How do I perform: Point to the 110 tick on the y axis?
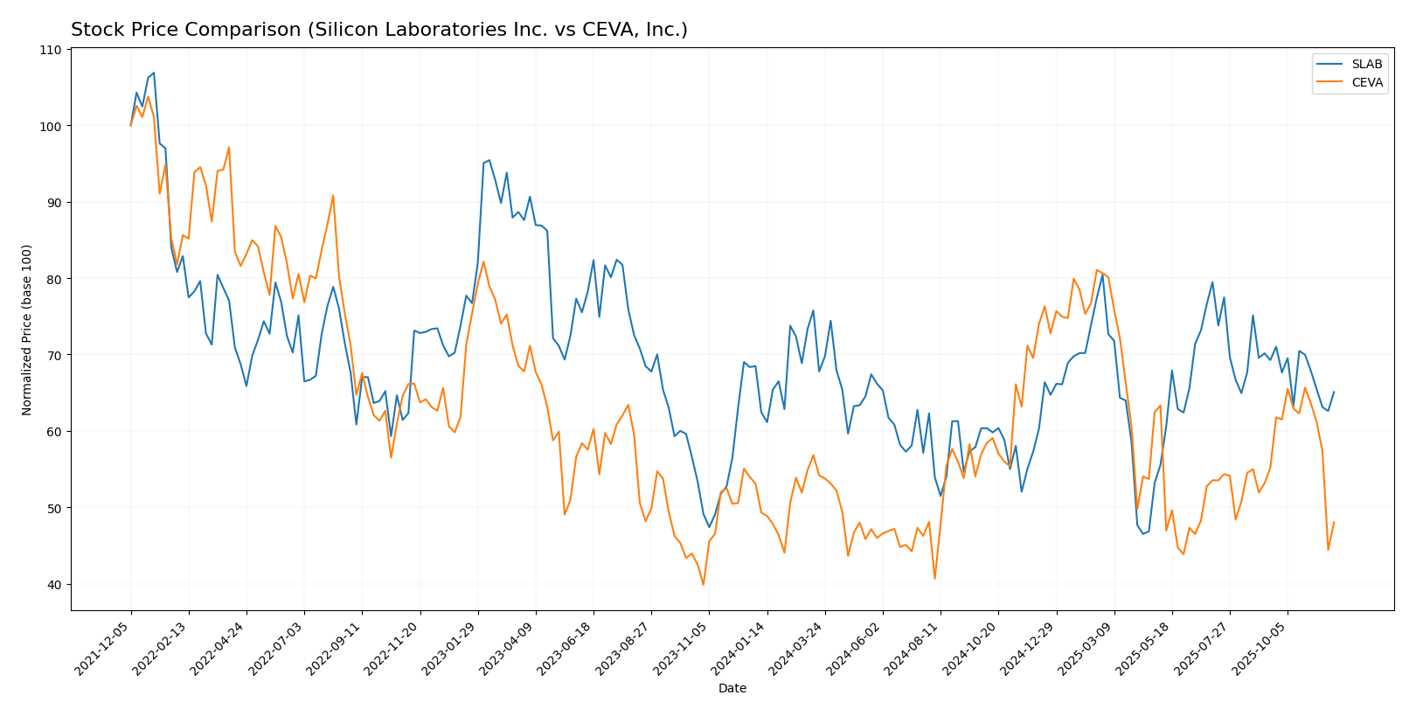[x=50, y=50]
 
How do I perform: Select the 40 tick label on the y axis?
[x=52, y=584]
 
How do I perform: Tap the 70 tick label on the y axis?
[x=52, y=355]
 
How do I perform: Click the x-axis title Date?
[x=732, y=689]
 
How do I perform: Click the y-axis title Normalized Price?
[x=27, y=330]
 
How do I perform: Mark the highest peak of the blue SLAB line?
[x=154, y=73]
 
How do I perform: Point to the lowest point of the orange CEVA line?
[x=704, y=584]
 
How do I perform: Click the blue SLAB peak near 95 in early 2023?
[x=489, y=160]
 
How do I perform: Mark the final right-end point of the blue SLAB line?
[x=1334, y=393]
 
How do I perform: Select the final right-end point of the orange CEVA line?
[x=1334, y=522]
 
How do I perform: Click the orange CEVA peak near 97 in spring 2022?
[x=229, y=148]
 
